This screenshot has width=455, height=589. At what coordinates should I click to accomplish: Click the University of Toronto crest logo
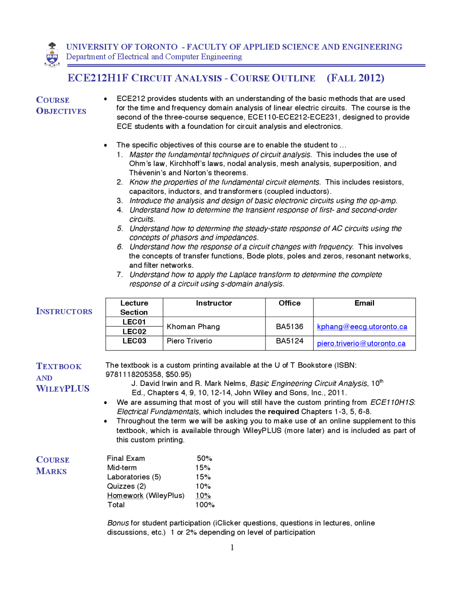(52, 54)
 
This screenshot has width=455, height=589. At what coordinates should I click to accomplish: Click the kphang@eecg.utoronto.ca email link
(362, 327)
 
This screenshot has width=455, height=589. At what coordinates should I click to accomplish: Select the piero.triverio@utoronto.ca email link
(361, 343)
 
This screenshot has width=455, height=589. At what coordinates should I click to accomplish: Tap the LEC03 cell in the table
(134, 341)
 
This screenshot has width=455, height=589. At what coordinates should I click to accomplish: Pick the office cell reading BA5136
(289, 327)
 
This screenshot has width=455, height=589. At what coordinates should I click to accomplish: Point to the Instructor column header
(214, 303)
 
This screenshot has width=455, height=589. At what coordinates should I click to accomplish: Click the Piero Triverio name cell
(189, 341)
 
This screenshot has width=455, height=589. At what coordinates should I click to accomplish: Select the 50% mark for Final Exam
(204, 458)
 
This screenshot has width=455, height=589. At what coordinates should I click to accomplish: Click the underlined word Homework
(125, 495)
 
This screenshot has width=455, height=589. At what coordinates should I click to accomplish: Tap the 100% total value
(205, 505)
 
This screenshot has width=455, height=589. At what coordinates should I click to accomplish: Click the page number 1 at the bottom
(232, 547)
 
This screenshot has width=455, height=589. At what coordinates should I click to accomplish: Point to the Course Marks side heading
(53, 465)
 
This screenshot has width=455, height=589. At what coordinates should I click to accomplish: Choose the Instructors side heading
(64, 311)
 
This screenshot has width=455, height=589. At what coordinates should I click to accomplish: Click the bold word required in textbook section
(283, 412)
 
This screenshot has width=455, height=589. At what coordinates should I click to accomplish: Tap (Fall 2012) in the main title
(355, 78)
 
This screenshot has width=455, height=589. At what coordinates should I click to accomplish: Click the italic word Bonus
(118, 523)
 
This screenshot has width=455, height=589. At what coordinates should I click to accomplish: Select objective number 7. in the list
(120, 275)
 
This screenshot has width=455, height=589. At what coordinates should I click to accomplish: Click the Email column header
(364, 303)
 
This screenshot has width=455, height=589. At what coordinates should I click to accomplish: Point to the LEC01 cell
(134, 322)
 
